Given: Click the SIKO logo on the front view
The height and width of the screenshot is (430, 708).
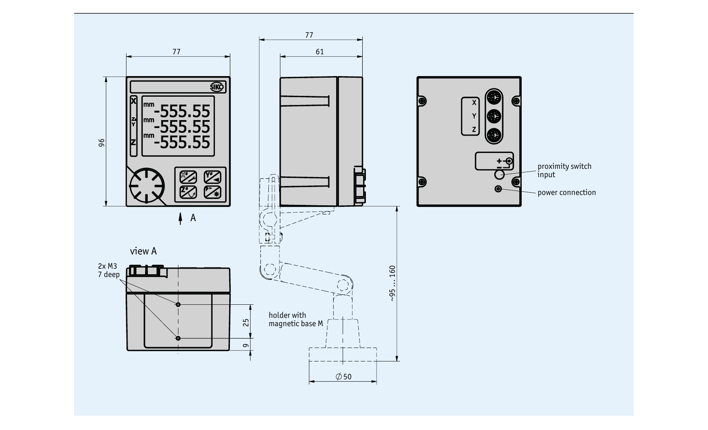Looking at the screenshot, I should pos(217,87).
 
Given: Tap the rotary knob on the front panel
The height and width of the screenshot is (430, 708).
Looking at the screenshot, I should pos(146,186).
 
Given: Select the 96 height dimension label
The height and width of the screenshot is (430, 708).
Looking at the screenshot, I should pos(101,143).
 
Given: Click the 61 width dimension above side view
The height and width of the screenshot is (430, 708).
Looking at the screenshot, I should pos(320,52).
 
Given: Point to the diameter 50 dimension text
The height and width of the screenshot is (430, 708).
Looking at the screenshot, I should pos(343,376).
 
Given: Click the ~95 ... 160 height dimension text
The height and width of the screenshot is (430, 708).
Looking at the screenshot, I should pos(392,284).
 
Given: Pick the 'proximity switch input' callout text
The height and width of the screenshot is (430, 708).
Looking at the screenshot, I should pos(564,170).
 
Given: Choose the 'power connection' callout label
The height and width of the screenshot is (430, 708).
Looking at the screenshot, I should pos(566,193).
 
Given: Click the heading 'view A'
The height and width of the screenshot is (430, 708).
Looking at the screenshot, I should pos(143,251).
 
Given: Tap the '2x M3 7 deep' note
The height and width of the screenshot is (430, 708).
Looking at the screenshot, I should pos(108,270).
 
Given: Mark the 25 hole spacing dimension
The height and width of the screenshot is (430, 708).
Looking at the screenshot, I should pos(246,323).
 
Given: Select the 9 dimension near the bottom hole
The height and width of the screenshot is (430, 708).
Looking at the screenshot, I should pos(246,346).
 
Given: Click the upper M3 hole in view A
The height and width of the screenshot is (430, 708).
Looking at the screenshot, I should pos(178,305).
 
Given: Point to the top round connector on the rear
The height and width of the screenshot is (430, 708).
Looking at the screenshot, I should pos(494,97).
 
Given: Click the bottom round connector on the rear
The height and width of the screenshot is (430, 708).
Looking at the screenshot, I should pos(494,135).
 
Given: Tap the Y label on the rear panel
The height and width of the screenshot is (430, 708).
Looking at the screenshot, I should pos(474,116).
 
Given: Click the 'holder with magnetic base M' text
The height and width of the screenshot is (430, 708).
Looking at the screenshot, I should pos(295,319).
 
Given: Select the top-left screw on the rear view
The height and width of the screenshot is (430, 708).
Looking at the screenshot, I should pos(423,100).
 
